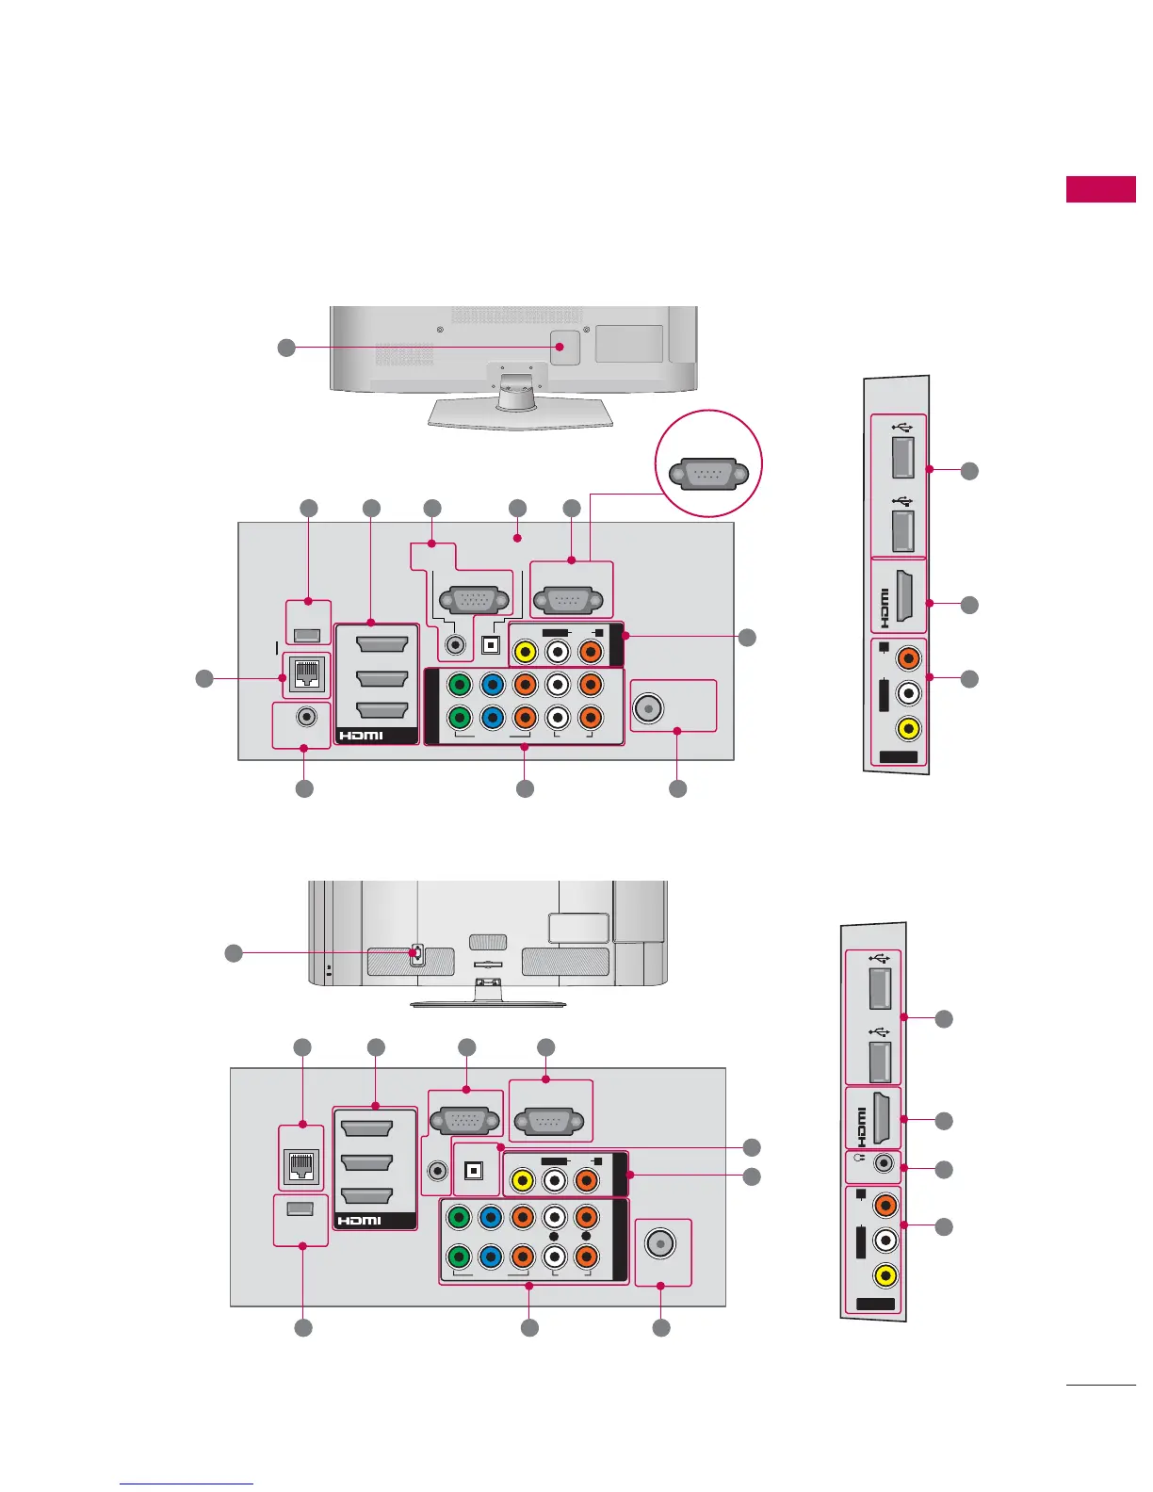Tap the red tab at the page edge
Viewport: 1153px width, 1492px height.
tap(1100, 189)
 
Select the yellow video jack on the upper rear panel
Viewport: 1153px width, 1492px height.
tap(526, 650)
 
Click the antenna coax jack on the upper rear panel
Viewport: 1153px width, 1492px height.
tap(648, 706)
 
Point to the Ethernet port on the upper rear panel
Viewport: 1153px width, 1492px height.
tap(308, 673)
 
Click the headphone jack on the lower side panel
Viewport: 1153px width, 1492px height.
tap(883, 1163)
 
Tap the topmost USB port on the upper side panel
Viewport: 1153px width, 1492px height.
tap(902, 458)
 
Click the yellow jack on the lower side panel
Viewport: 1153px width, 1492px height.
tap(884, 1276)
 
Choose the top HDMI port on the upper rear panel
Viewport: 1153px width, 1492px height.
tap(382, 643)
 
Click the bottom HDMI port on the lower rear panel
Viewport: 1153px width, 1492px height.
tap(366, 1196)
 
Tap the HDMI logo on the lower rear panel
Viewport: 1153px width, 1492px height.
tap(359, 1221)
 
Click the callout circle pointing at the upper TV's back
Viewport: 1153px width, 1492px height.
tap(286, 349)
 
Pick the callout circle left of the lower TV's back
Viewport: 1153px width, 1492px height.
tap(234, 953)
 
